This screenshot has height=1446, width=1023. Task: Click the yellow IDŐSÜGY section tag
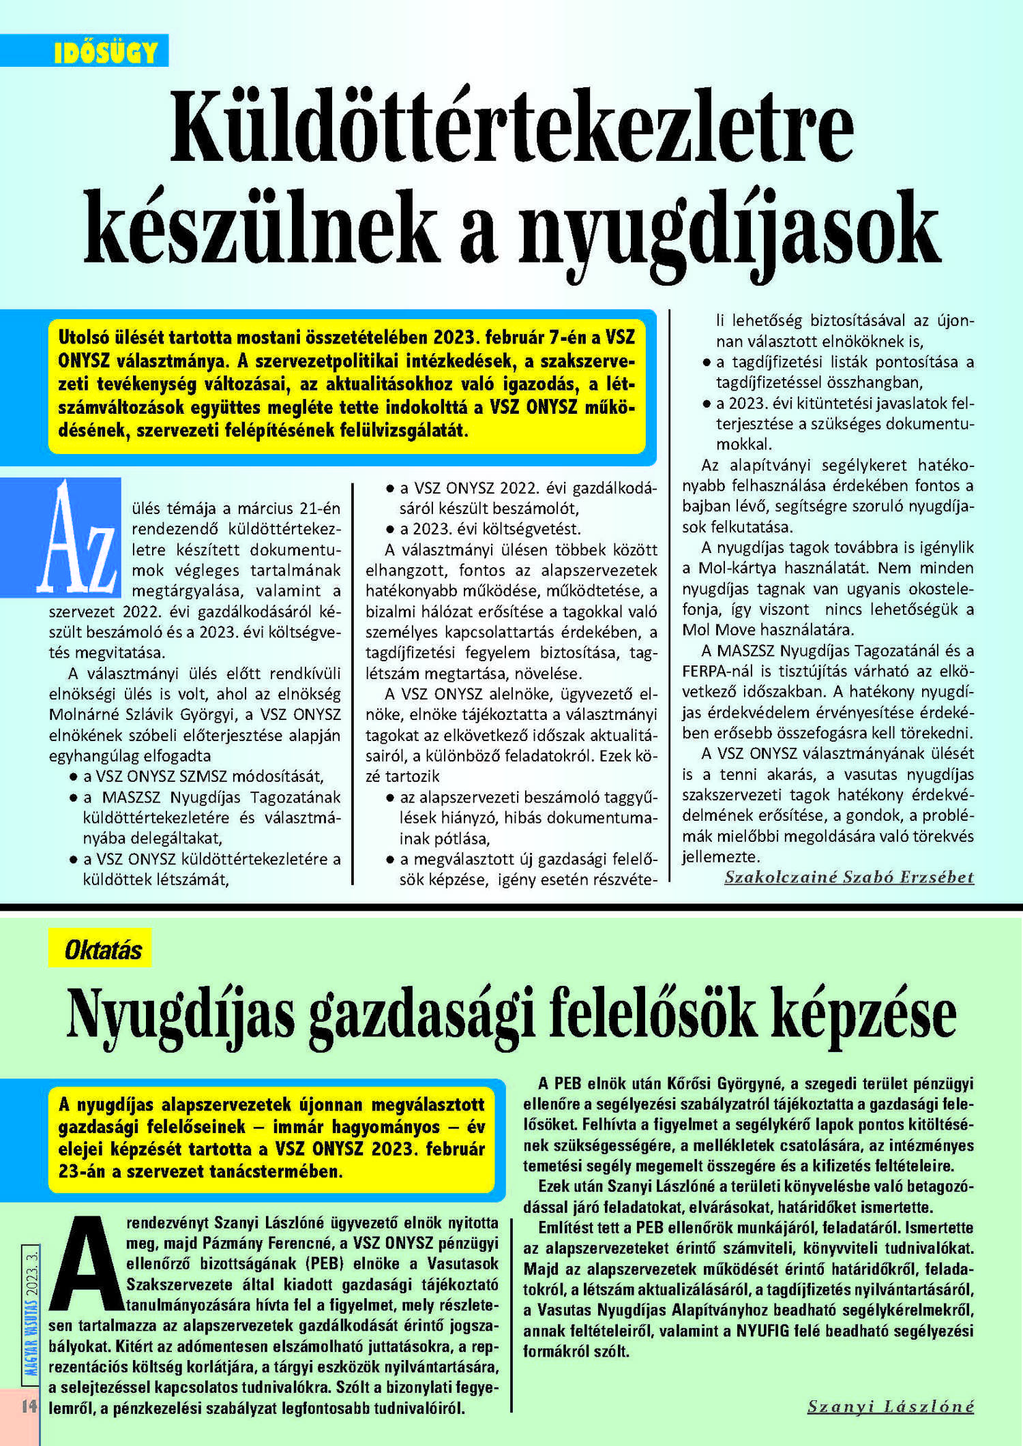pos(105,52)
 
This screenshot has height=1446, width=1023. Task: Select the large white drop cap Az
pos(78,539)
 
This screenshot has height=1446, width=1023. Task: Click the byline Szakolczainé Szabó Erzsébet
pos(848,877)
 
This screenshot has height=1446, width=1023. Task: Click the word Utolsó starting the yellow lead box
pos(83,337)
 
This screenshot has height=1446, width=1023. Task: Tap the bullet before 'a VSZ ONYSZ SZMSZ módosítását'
pos(72,777)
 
